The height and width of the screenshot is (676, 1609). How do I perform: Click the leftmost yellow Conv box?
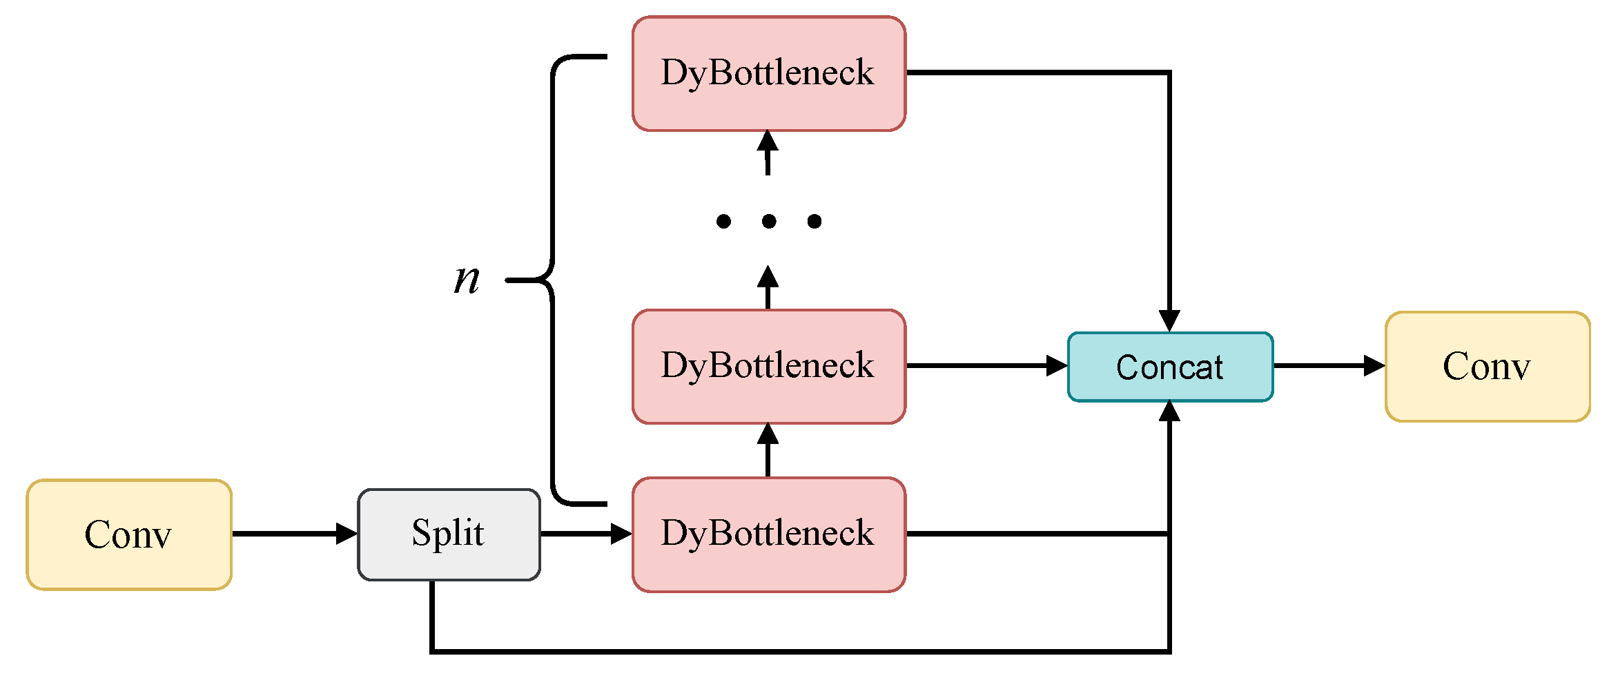(129, 534)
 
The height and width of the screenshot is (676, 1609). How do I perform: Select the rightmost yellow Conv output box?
(1487, 367)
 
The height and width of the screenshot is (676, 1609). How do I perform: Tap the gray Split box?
(449, 534)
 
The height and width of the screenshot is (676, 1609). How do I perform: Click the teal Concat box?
(1170, 367)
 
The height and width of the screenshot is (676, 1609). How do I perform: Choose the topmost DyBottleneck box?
(768, 73)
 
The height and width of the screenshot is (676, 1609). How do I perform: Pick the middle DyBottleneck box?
(768, 366)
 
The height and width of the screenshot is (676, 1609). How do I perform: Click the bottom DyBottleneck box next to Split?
(768, 534)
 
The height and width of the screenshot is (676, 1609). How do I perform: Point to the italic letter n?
(467, 280)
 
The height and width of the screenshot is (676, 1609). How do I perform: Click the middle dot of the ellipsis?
(769, 221)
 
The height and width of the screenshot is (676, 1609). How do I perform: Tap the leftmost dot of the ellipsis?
(723, 221)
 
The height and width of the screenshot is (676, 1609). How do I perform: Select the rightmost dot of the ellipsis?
(815, 221)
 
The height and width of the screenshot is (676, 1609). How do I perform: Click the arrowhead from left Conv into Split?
(347, 534)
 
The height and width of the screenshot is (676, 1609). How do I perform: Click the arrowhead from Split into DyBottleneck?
(621, 534)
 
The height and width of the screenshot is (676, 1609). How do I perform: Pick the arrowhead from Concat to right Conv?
(1374, 366)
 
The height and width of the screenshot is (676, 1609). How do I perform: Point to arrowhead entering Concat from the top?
(1169, 321)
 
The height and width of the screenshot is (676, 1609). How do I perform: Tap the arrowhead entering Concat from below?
(1169, 412)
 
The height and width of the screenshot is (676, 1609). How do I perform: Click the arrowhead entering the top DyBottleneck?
(768, 141)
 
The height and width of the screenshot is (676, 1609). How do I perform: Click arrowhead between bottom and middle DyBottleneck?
(768, 434)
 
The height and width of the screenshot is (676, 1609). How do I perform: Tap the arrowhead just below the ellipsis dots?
(768, 277)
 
